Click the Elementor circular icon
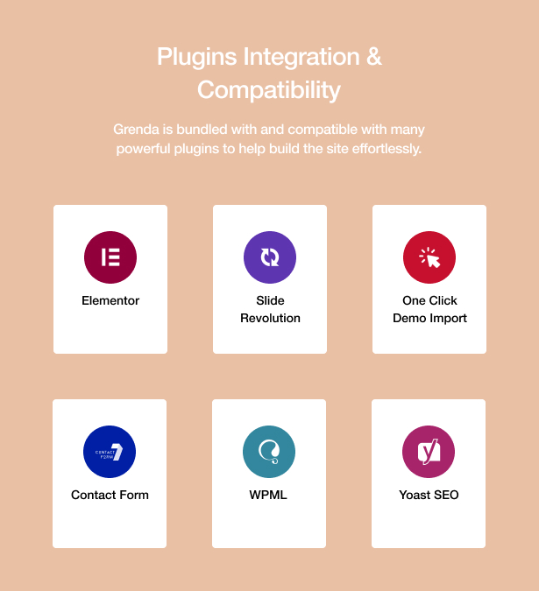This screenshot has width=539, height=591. [x=110, y=257]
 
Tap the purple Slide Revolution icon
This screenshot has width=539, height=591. [x=270, y=257]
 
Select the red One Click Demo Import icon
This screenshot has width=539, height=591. [x=429, y=257]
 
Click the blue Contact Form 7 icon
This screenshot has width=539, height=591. [x=110, y=452]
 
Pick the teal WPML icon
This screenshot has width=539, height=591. [x=269, y=452]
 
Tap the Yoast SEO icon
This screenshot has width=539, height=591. [x=429, y=452]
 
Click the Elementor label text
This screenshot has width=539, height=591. [x=110, y=300]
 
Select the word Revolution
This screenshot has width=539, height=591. [x=270, y=318]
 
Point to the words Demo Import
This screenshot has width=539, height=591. [x=429, y=319]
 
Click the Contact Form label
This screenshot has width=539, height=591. [x=110, y=495]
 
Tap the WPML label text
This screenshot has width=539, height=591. [x=268, y=495]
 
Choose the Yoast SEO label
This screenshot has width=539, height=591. [x=429, y=495]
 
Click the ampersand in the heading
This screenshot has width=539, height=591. [x=373, y=57]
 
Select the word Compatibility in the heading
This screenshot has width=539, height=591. [x=269, y=90]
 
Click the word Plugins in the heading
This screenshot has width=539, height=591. [x=197, y=57]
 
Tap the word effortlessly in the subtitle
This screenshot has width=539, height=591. [x=387, y=149]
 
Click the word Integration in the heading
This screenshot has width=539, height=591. [x=301, y=57]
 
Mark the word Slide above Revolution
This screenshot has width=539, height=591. [x=270, y=300]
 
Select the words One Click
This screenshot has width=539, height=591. [x=429, y=300]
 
